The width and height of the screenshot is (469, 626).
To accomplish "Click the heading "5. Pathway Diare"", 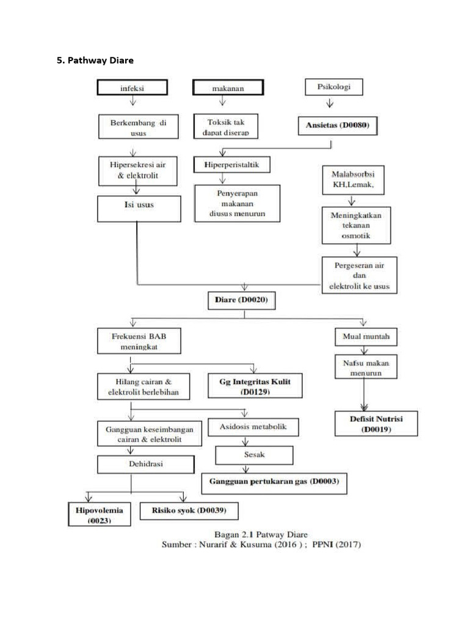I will (x=95, y=61).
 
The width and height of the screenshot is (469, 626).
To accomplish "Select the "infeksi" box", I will (x=131, y=88).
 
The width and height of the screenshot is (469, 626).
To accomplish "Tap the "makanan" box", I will (x=228, y=88).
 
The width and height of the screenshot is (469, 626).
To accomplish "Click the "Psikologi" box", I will (x=333, y=87).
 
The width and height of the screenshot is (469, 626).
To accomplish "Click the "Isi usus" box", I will (x=139, y=208).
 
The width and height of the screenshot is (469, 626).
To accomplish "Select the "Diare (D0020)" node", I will (x=244, y=300).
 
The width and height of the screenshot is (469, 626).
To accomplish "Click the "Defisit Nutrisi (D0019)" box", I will (x=376, y=424).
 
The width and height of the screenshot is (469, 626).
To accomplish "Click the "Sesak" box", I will (x=254, y=455).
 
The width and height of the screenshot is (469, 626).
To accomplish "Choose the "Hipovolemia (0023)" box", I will (x=100, y=515).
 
